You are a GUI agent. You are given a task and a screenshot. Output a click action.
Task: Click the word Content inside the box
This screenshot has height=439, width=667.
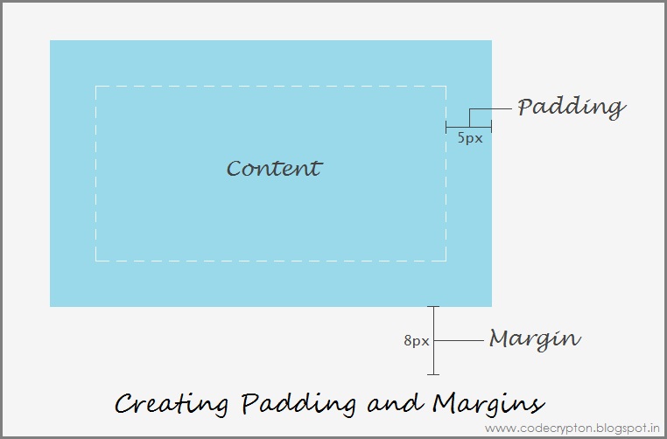274,168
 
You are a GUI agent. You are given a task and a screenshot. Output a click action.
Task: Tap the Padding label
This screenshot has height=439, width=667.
571,108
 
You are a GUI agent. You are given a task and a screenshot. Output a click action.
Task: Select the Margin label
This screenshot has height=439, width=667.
534,338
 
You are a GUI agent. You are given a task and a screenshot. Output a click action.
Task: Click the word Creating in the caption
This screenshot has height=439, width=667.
172,404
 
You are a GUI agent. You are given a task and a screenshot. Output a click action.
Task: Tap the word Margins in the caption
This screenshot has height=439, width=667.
488,404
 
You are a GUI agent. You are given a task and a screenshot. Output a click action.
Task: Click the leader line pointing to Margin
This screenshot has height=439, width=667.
460,339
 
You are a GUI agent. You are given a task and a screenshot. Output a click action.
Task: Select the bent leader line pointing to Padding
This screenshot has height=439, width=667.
480,109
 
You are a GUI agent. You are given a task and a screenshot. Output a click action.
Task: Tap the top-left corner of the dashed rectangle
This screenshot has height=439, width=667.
95,87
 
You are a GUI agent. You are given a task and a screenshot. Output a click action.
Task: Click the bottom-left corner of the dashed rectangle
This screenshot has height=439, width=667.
95,261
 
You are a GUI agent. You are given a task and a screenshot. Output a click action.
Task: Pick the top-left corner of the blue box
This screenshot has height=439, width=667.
51,41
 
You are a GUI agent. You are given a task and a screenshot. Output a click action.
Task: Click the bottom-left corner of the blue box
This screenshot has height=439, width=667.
51,306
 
